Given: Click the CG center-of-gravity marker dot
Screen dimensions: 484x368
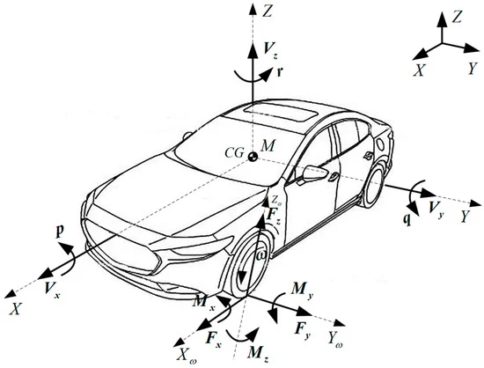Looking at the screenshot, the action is pos(253,156).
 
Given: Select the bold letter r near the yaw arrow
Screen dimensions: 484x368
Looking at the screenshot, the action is pos(280,72).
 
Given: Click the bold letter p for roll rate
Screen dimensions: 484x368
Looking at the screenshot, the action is pos(59,232).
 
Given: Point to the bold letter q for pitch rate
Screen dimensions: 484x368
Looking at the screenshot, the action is pos(407,219).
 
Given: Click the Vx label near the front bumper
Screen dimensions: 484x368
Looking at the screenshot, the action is pos(52,291).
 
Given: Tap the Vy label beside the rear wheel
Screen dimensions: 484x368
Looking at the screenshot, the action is pos(436,209).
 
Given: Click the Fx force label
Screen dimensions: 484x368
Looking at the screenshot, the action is pos(214,342).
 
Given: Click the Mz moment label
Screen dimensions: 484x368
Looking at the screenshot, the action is pos(258,354).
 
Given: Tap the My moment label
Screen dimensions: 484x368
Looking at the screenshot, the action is pos(303,291).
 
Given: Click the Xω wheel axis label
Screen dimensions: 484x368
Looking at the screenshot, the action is pos(187,357).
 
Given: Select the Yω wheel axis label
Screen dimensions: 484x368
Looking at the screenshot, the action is pos(335,339).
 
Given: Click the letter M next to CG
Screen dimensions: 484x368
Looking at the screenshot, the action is pos(267,146).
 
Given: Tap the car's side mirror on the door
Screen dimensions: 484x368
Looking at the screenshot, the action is pos(314,173).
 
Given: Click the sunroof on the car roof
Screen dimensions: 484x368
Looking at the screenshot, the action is pos(280,113).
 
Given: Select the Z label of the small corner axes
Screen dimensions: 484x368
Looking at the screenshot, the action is pos(457,18).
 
